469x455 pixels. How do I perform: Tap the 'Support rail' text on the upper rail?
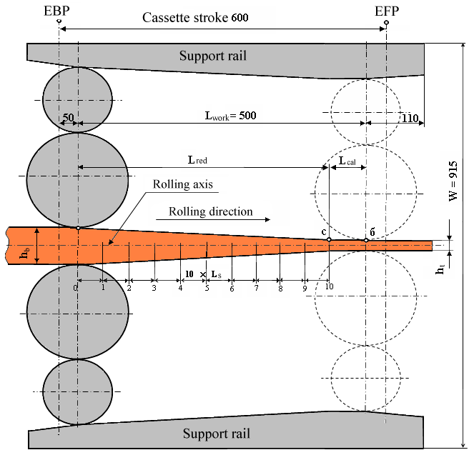click(x=212, y=56)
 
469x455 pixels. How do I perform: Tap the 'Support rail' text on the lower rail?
click(x=216, y=434)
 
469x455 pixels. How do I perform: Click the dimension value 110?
click(x=409, y=119)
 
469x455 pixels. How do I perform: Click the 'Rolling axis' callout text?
click(x=183, y=184)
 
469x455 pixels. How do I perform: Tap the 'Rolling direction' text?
click(x=211, y=211)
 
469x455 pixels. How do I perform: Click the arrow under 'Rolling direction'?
click(x=218, y=220)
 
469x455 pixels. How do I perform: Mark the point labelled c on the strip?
click(x=329, y=239)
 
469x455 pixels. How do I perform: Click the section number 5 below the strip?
click(x=207, y=288)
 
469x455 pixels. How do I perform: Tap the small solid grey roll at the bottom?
click(x=77, y=391)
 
